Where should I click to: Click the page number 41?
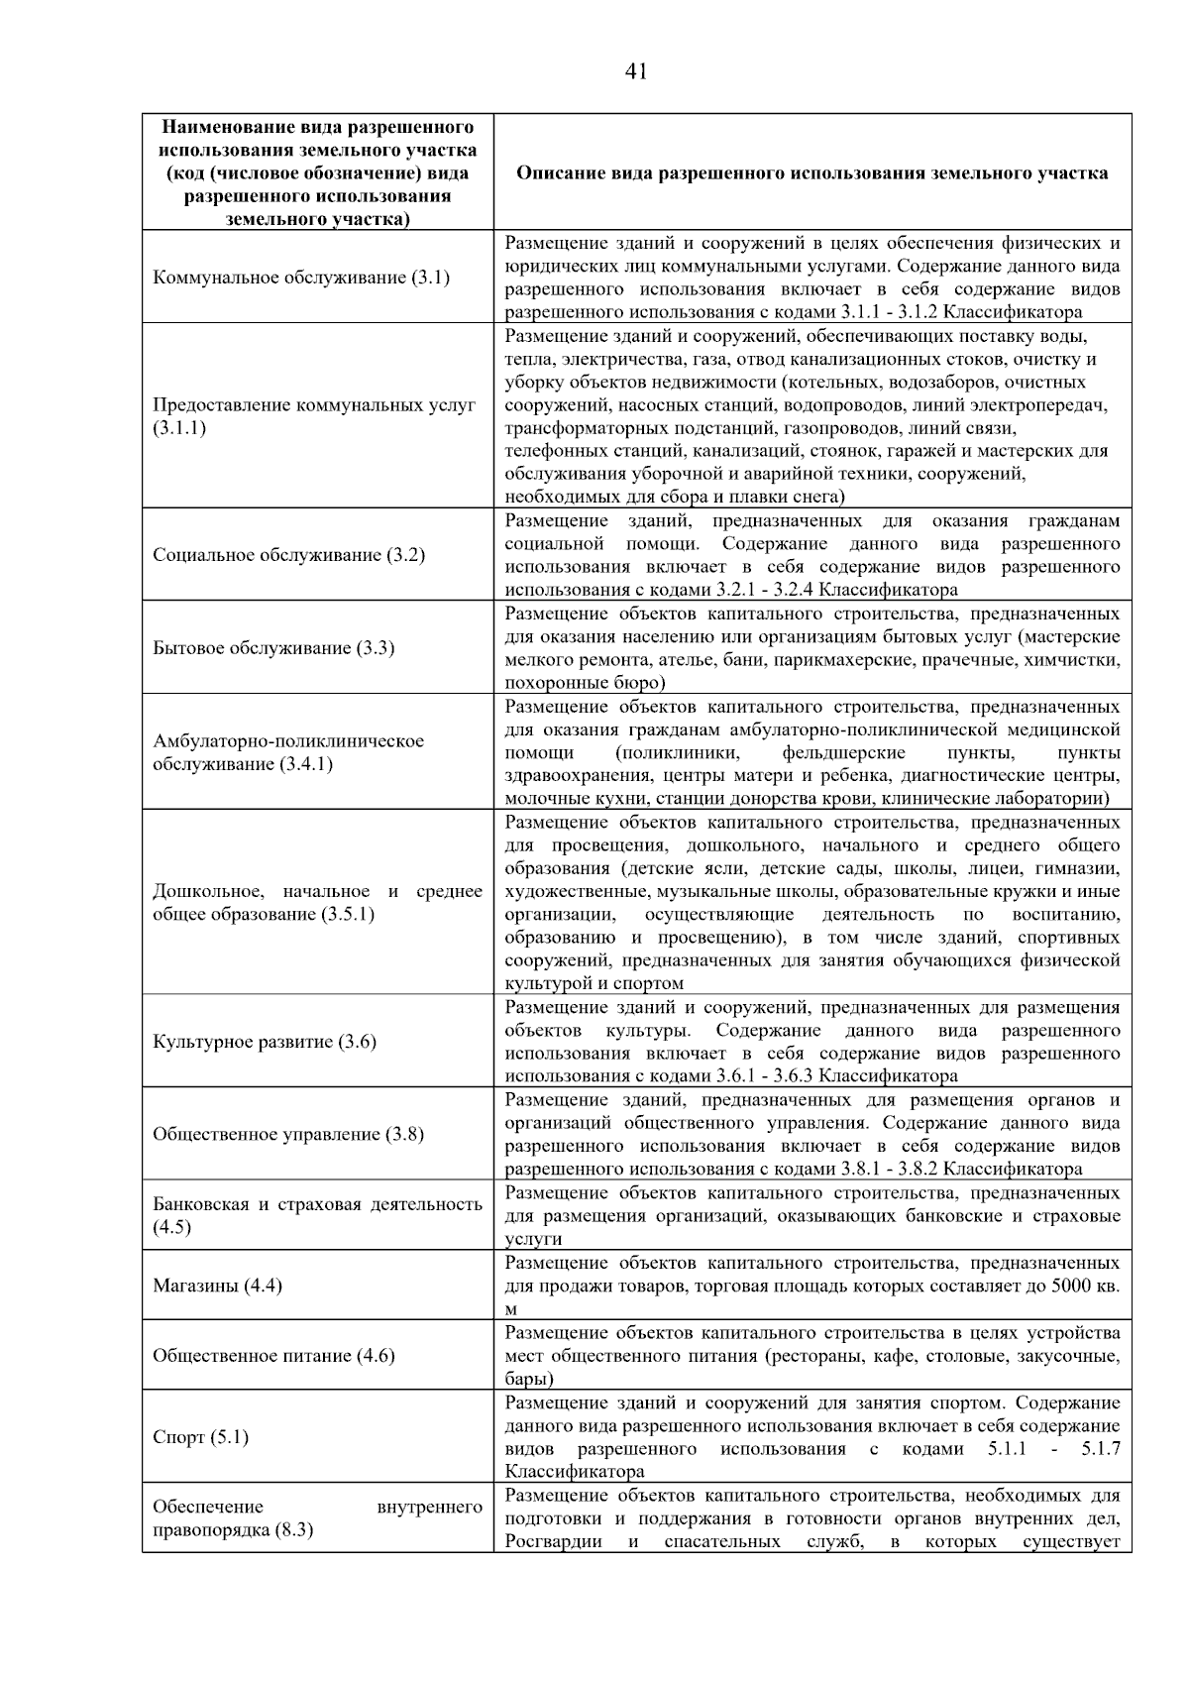(x=636, y=71)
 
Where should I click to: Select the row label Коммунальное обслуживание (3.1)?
(x=301, y=278)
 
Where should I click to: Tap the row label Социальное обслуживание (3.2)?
(x=289, y=555)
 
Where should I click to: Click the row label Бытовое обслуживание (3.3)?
(x=273, y=648)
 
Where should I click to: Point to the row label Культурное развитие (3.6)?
(x=265, y=1042)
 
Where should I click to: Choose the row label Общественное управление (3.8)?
(x=288, y=1134)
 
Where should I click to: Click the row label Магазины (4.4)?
(x=217, y=1286)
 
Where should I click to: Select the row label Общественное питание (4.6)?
(x=273, y=1355)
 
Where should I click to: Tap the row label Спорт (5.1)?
(x=201, y=1437)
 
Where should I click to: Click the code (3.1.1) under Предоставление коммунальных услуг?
(x=179, y=428)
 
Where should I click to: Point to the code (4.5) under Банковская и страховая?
(x=171, y=1227)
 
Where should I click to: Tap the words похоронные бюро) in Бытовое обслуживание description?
(x=585, y=683)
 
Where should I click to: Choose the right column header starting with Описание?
(x=812, y=173)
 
